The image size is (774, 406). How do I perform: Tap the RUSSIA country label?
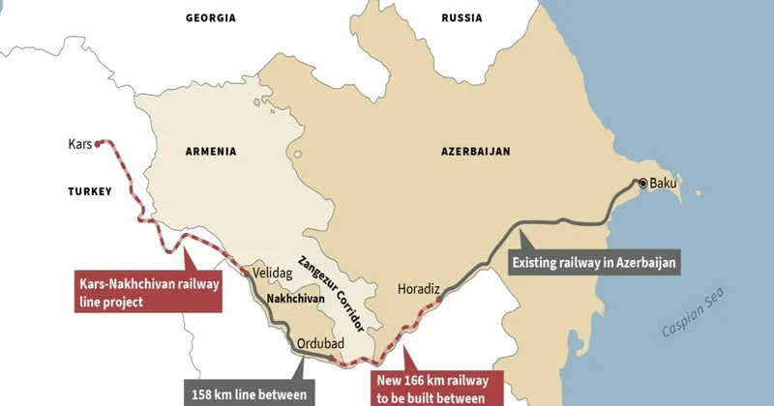pos(461,18)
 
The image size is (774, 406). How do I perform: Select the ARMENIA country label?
pos(210,151)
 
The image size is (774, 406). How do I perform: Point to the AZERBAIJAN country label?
pos(476,151)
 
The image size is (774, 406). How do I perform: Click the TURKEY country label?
pos(90,191)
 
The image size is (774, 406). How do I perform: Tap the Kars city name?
pos(79,144)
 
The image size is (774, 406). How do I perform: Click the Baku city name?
pos(664,183)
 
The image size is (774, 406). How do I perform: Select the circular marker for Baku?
pos(641,182)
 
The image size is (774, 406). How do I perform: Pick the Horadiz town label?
pos(419,288)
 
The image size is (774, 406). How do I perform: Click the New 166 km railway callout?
pos(436,386)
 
